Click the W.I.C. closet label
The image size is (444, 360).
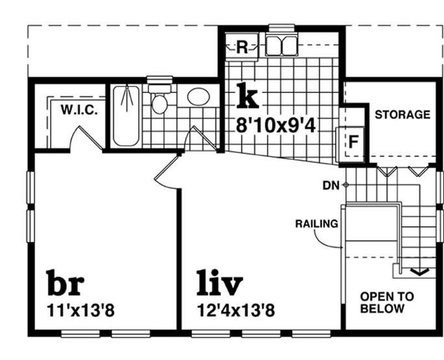tap(79, 110)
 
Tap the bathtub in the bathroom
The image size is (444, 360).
tap(126, 116)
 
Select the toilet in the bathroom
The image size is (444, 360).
tap(159, 101)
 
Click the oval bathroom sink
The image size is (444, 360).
tap(198, 97)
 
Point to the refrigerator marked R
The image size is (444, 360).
tap(241, 47)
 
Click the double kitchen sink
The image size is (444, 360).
tap(282, 45)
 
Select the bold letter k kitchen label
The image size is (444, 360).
tap(247, 96)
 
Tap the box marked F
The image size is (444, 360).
tap(353, 140)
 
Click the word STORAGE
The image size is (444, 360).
tap(402, 115)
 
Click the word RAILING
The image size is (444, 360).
tap(316, 224)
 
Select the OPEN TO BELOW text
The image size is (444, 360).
tap(386, 302)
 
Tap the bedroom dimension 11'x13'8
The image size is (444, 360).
tap(81, 311)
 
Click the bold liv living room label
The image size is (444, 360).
tap(219, 283)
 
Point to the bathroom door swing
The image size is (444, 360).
tap(197, 138)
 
